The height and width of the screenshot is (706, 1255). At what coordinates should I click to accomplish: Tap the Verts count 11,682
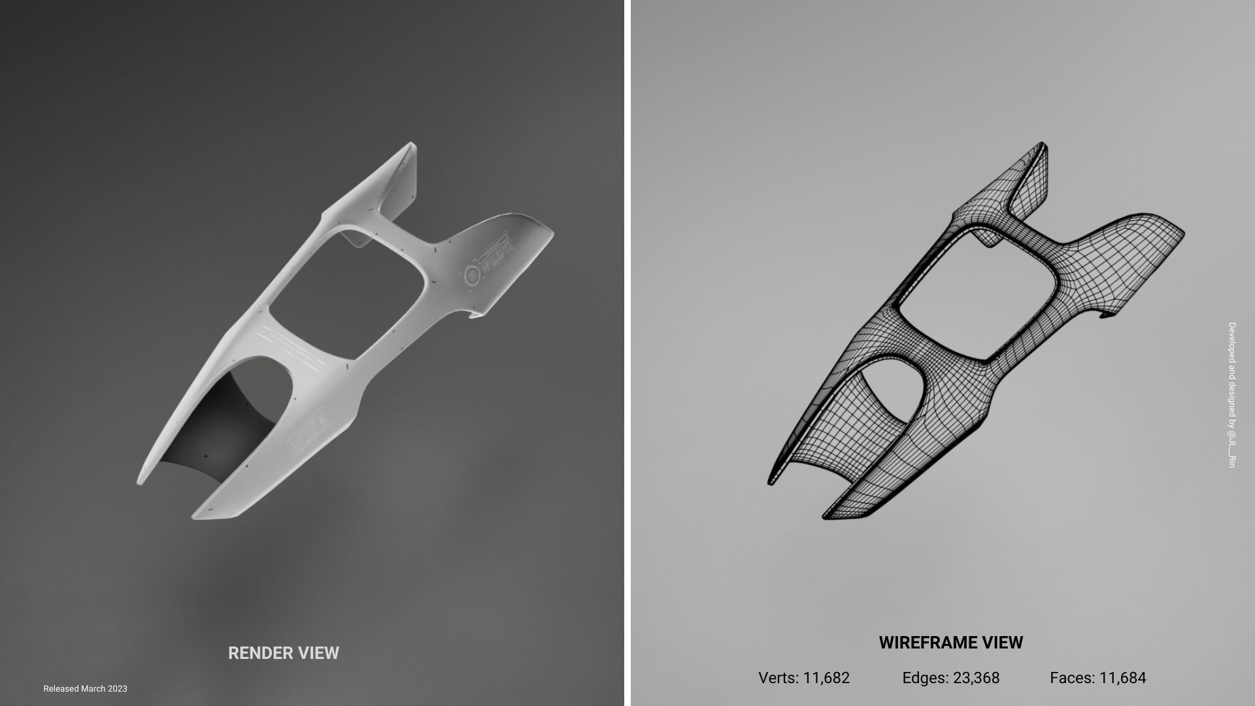(x=826, y=678)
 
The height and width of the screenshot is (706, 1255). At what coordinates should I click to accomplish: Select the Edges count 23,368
(x=976, y=678)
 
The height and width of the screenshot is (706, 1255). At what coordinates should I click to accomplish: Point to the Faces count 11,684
(x=1122, y=678)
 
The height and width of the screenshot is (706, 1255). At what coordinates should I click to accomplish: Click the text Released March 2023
(x=85, y=688)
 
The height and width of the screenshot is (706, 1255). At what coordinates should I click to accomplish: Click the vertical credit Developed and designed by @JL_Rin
(x=1231, y=394)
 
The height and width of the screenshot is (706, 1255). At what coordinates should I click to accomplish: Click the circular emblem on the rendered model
(x=471, y=274)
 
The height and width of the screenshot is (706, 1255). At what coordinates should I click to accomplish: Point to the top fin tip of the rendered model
(x=410, y=144)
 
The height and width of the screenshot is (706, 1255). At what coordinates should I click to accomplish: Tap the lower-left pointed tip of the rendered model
(x=139, y=482)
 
